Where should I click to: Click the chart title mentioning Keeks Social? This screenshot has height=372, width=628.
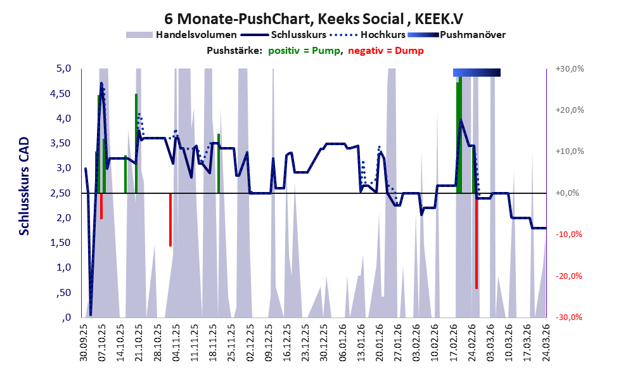tap(314, 19)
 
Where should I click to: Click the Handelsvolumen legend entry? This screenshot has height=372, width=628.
tap(181, 35)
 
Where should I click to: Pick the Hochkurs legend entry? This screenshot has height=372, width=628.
tap(368, 35)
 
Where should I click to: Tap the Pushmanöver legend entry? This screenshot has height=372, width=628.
tap(456, 35)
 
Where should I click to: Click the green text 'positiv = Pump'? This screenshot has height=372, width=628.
tap(304, 51)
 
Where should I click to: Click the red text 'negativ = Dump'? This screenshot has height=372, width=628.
tap(386, 51)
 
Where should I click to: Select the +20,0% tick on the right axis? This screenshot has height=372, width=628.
tap(570, 110)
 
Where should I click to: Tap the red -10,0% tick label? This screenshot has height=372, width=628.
tap(569, 234)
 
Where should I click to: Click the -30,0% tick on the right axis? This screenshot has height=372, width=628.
tap(569, 317)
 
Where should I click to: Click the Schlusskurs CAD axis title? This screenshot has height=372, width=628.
tap(25, 186)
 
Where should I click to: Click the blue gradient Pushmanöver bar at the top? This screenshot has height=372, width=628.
tap(477, 72)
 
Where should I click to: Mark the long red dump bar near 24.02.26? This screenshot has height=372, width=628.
tap(477, 241)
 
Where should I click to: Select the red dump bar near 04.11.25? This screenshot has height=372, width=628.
tap(170, 220)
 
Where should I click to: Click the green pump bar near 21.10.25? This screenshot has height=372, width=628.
tap(136, 143)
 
